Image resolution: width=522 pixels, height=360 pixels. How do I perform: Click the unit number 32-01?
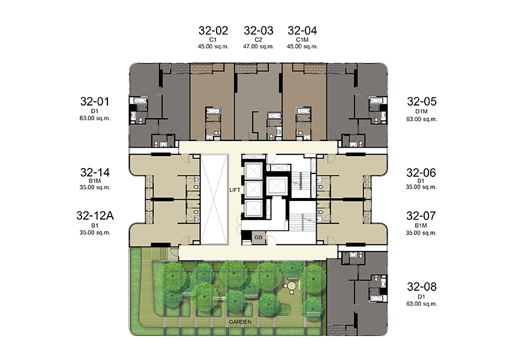[95, 101]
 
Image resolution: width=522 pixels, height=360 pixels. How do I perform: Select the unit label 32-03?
[259, 31]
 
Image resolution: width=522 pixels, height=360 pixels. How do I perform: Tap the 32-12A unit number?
[95, 216]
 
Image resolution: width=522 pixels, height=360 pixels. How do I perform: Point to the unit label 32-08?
[421, 287]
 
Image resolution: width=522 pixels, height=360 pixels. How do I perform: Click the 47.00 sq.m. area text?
[259, 47]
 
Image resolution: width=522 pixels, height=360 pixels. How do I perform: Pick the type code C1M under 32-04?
[302, 40]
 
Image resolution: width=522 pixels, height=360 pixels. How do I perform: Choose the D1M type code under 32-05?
[421, 112]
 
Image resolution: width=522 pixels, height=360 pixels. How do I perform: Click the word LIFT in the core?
[235, 190]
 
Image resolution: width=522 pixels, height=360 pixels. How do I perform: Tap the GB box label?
[259, 238]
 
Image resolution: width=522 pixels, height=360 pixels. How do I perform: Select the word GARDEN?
[240, 322]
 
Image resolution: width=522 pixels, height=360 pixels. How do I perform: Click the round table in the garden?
[292, 286]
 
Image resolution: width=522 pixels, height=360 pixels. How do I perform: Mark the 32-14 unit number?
[95, 173]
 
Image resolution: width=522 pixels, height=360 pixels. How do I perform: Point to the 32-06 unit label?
[421, 173]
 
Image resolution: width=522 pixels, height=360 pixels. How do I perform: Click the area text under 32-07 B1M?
[421, 233]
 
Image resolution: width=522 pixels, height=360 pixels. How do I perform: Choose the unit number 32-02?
[213, 31]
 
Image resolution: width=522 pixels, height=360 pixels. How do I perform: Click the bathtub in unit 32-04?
[304, 110]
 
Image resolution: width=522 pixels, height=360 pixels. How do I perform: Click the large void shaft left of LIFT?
[215, 199]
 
